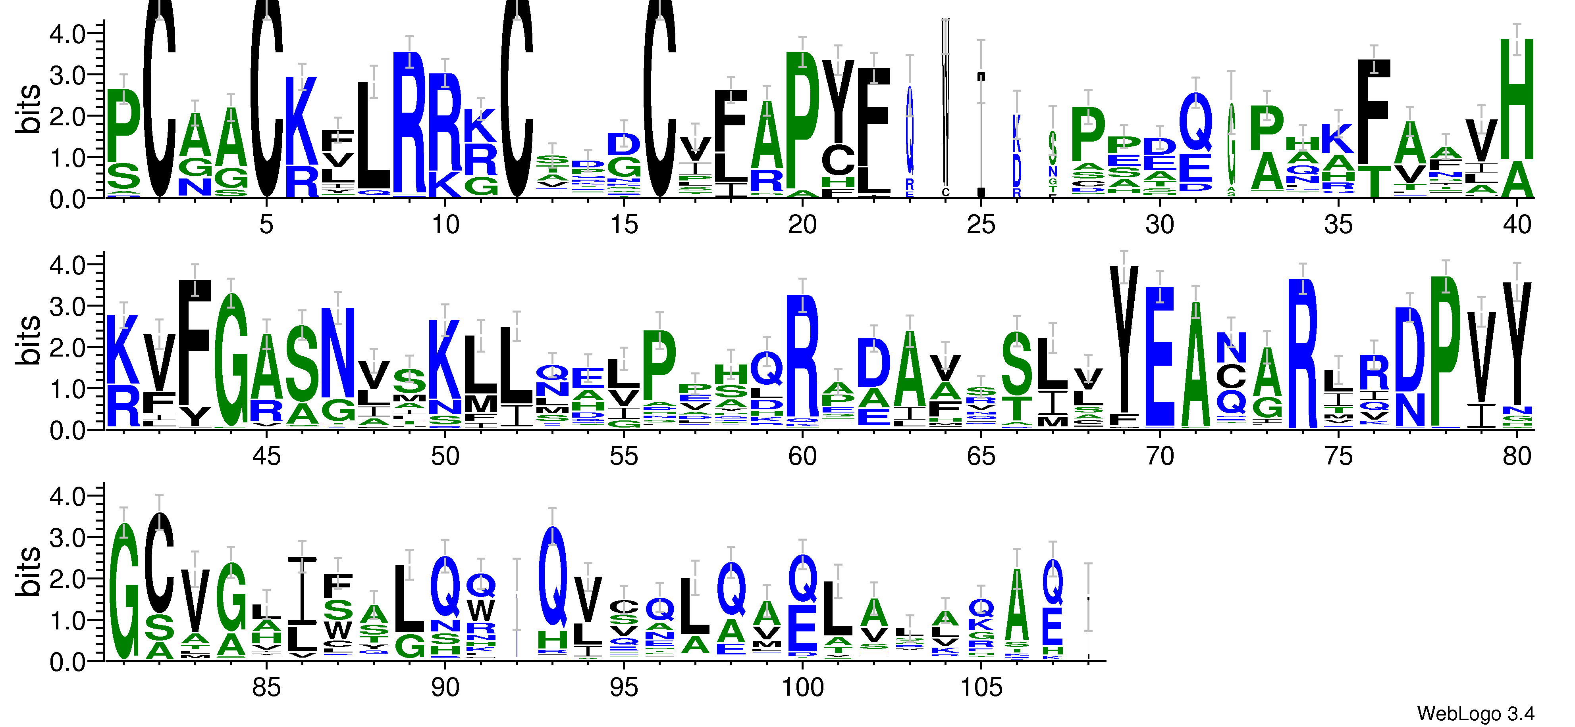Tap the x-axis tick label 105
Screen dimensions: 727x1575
(981, 688)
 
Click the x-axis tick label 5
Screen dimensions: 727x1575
(266, 225)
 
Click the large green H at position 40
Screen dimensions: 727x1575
(1517, 98)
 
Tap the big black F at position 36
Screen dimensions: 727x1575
(1374, 110)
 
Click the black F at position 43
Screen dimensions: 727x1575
(195, 342)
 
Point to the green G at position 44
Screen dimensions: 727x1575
(231, 361)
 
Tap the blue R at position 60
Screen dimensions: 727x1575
(802, 354)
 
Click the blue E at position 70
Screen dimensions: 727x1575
(1159, 354)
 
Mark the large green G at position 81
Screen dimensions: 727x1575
(124, 593)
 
